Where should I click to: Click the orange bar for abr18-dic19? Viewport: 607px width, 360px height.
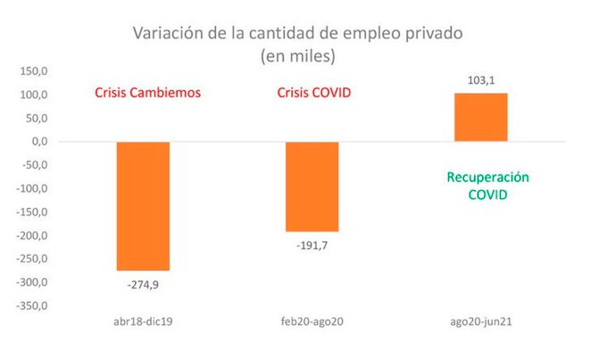coord(143,205)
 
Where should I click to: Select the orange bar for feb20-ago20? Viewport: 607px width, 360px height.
coord(312,186)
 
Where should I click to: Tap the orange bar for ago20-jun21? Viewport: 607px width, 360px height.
coord(480,117)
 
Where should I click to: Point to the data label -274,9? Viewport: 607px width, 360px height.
coord(143,285)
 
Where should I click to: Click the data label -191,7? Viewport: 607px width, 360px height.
coord(312,246)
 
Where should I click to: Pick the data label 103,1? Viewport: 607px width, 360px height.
coord(481,80)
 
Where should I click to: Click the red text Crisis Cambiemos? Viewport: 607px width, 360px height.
coord(148,93)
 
